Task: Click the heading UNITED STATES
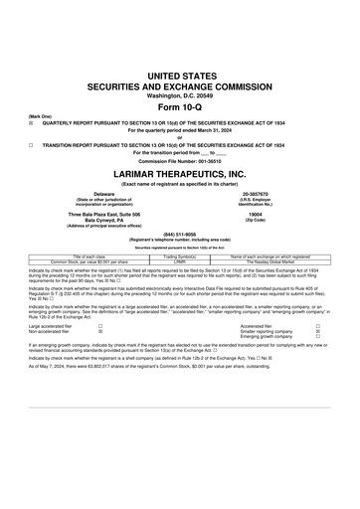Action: click(179, 76)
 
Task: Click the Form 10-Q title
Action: click(179, 106)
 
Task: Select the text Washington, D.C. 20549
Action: click(179, 94)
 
